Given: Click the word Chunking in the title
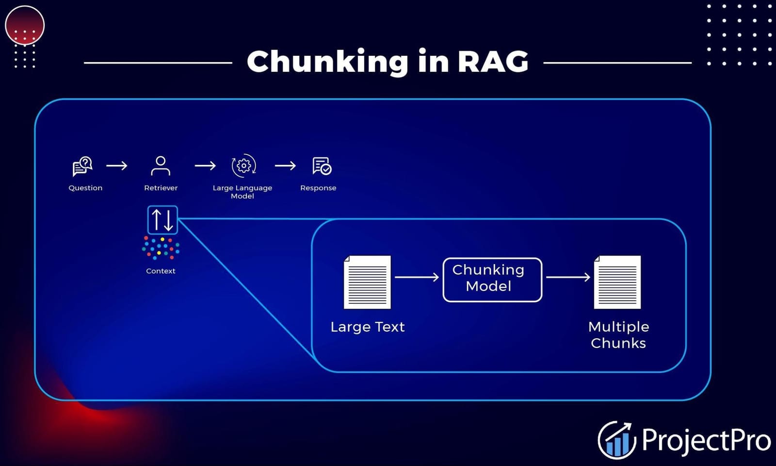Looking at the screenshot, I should point(327,62).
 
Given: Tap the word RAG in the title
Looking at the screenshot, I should point(492,62).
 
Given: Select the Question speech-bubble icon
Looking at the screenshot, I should point(82,166).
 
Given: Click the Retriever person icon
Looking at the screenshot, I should point(161,166).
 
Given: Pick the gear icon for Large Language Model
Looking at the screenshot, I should point(243,166).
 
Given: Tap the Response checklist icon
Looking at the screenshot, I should point(322,166).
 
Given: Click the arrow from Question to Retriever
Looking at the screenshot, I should point(117,166).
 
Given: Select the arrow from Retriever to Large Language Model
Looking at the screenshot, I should point(205,166).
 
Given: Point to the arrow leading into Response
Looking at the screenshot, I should point(285,166).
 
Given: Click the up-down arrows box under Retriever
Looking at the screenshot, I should point(162,220).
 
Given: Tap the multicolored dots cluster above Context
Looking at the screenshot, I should point(161,248).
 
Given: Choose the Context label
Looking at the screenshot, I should point(161,271).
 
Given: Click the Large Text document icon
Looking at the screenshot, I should point(367,282).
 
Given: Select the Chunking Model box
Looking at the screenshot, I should point(492,280).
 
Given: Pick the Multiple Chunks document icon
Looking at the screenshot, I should point(617,282).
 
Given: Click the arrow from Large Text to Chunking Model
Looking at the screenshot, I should point(417,277).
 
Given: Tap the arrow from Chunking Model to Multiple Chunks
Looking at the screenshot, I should point(568,277).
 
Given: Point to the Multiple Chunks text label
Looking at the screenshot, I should point(618,335).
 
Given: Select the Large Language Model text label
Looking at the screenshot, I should point(242,192).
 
